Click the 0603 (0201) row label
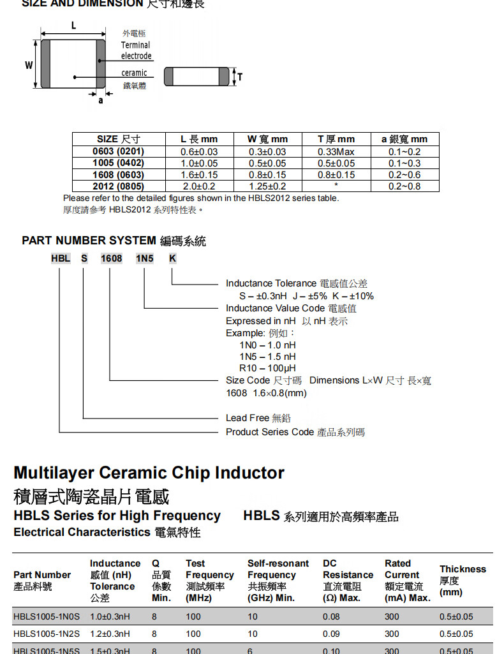point(118,151)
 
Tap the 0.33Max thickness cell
point(336,151)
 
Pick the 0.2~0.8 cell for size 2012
point(404,186)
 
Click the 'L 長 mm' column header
point(199,139)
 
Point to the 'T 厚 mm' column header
point(336,139)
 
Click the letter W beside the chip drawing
point(29,65)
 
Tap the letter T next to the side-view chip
point(240,77)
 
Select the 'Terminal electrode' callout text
point(136,50)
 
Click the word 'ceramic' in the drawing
point(134,73)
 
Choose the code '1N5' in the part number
point(144,258)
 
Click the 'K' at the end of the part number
point(172,258)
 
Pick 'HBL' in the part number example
point(61,258)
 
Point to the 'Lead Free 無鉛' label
point(258,418)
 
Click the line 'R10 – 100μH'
point(268,368)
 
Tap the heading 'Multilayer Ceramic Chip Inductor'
point(149,473)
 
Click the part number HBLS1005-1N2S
point(47,634)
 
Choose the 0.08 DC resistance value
point(331,616)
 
